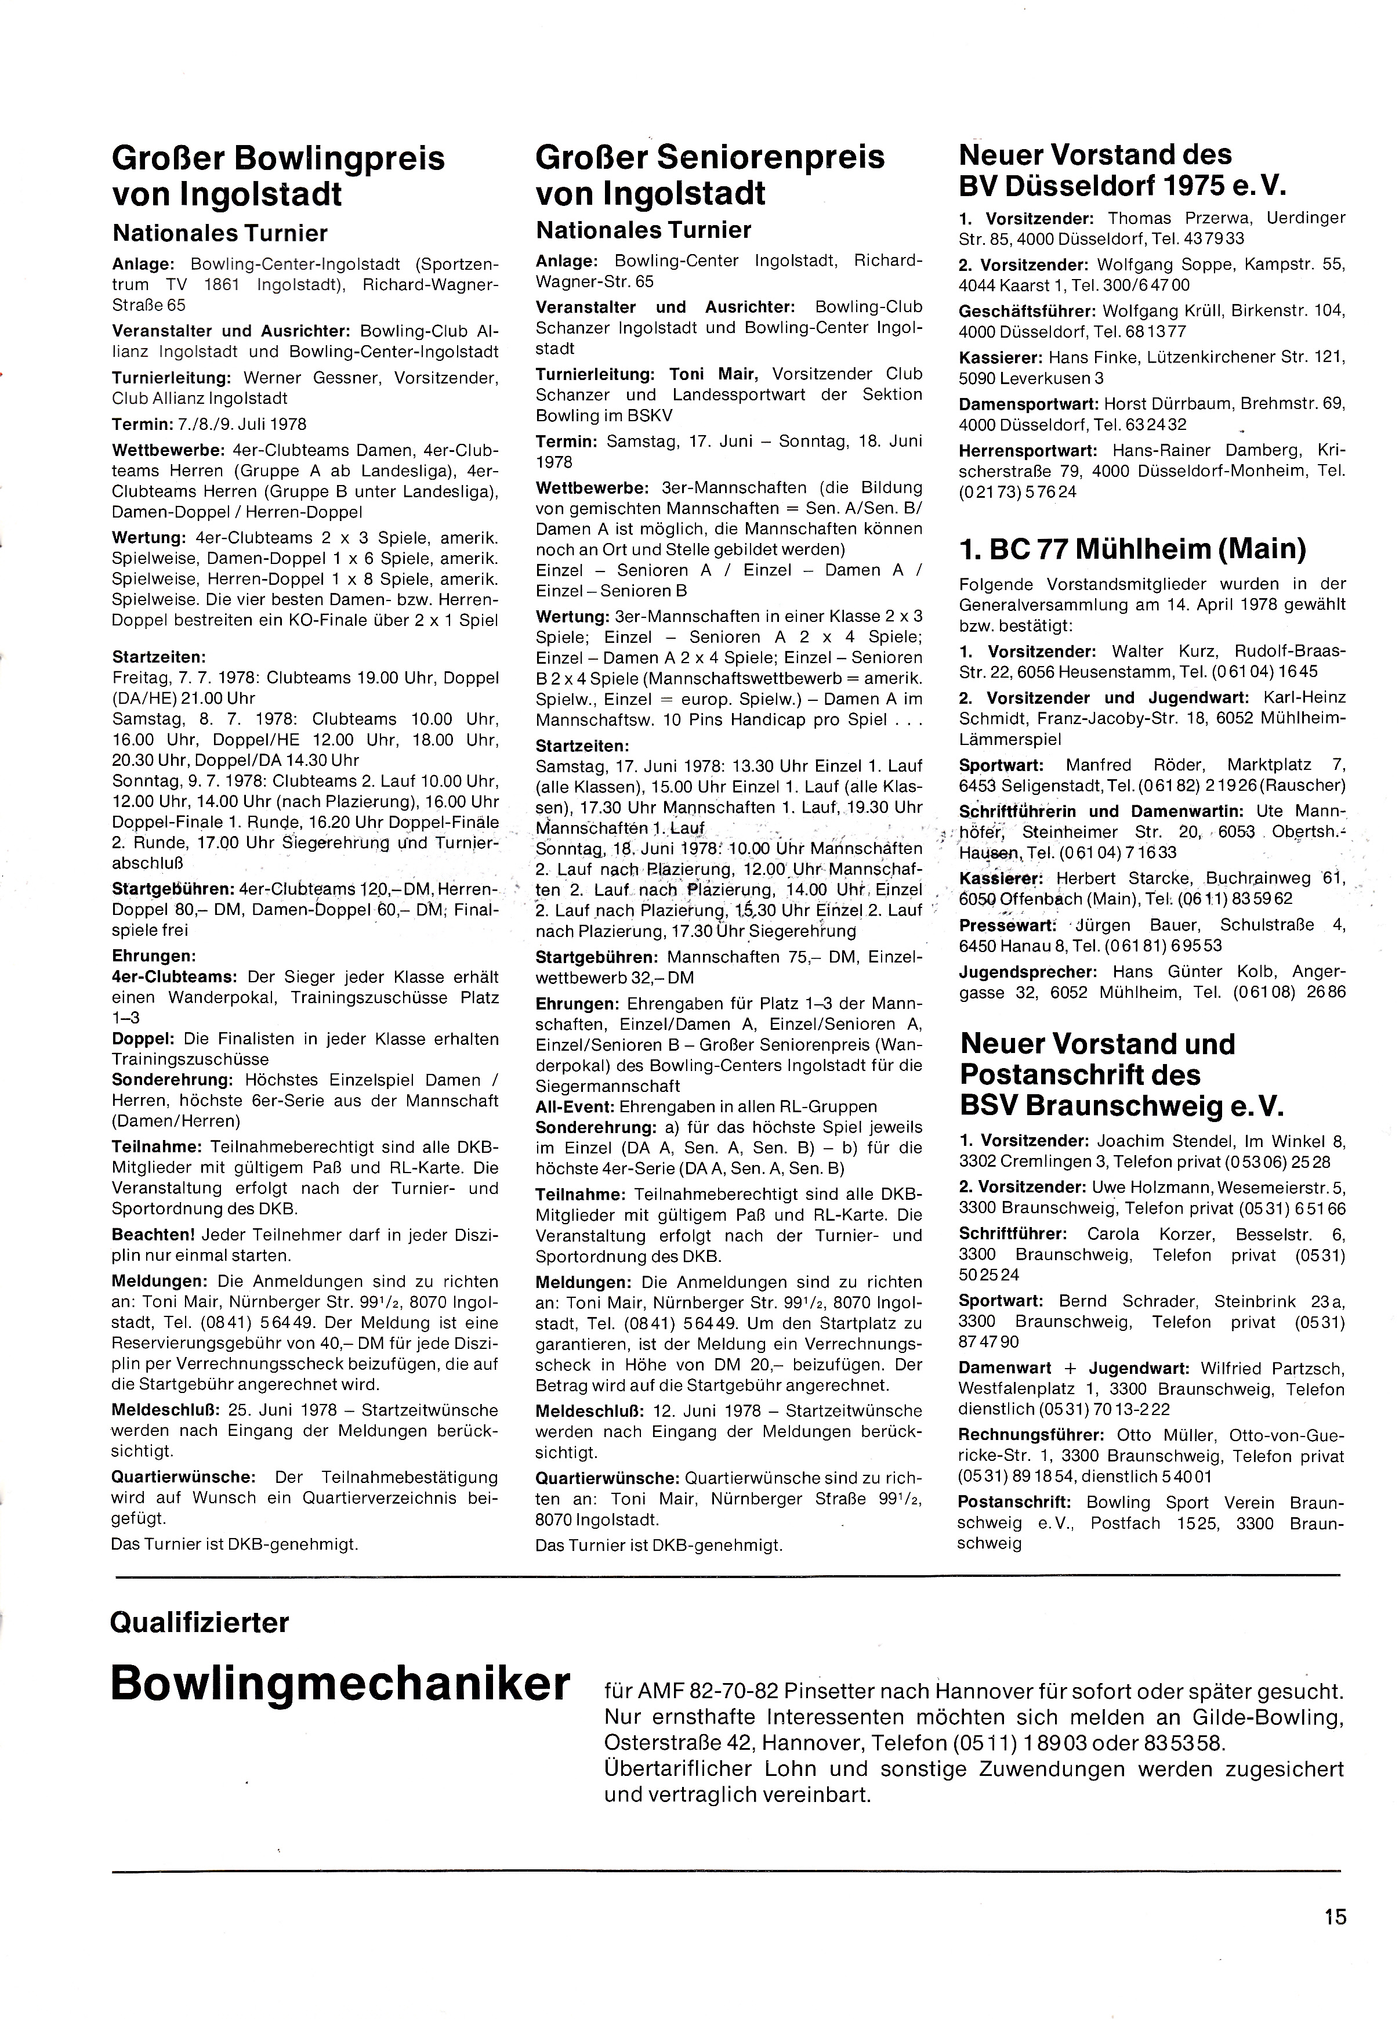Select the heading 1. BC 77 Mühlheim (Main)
pos(1133,549)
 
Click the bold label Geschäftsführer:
pos(1027,311)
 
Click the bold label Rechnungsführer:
pos(1031,1436)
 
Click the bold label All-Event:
pos(575,1106)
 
